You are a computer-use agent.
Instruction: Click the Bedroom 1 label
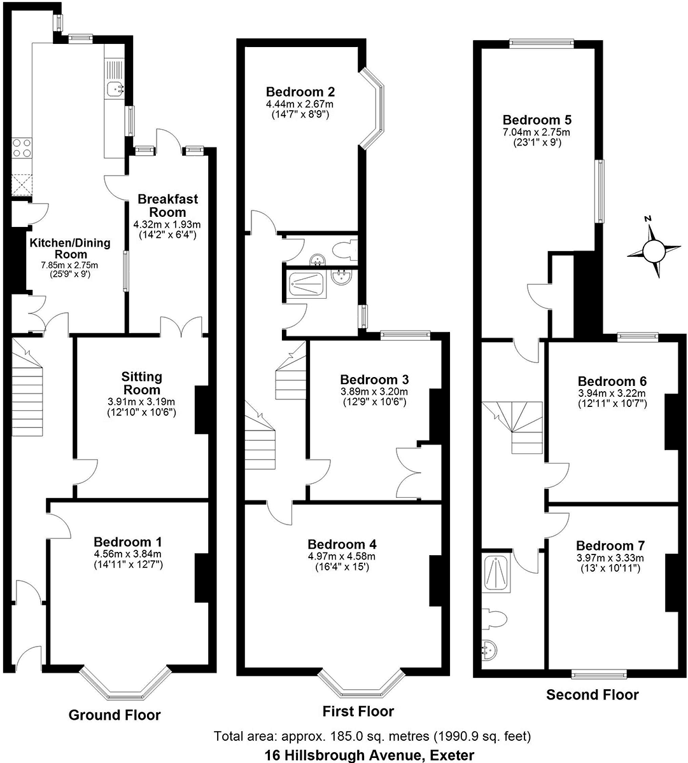pyautogui.click(x=127, y=542)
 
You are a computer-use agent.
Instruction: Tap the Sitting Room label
pyautogui.click(x=142, y=383)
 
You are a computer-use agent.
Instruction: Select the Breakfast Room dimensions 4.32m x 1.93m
pyautogui.click(x=167, y=224)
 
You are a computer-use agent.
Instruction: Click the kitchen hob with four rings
pyautogui.click(x=22, y=148)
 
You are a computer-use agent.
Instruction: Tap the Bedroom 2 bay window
pyautogui.click(x=376, y=109)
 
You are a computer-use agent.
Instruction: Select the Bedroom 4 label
pyautogui.click(x=342, y=544)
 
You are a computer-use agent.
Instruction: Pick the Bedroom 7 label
pyautogui.click(x=610, y=546)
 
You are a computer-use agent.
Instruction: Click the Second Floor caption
pyautogui.click(x=592, y=695)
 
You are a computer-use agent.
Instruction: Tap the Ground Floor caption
pyautogui.click(x=115, y=715)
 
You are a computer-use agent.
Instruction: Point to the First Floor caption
pyautogui.click(x=358, y=711)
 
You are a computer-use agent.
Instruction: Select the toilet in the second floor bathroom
pyautogui.click(x=495, y=617)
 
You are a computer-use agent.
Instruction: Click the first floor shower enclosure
pyautogui.click(x=309, y=284)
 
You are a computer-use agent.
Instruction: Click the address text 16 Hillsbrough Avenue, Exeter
pyautogui.click(x=370, y=755)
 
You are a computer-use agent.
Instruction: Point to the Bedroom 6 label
pyautogui.click(x=612, y=381)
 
